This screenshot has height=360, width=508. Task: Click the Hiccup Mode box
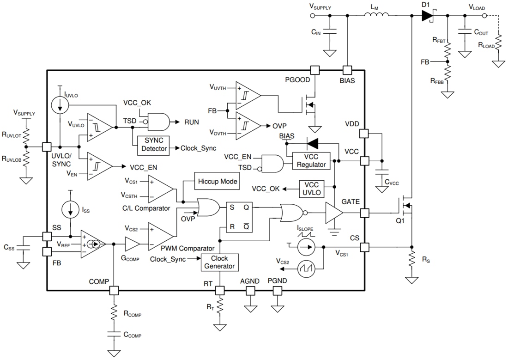[x=218, y=181]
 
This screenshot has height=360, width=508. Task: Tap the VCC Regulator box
[x=312, y=160]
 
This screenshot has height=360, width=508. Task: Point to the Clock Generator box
[x=219, y=262]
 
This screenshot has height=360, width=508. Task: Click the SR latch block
[x=239, y=217]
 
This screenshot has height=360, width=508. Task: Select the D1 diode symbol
[x=427, y=16]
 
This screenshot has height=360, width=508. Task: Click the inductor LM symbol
[x=376, y=15]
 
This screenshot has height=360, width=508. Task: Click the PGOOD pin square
[x=315, y=70]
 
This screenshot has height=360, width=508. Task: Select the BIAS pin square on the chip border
[x=347, y=70]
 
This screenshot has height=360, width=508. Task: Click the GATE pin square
[x=365, y=213]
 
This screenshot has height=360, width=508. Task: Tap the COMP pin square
[x=113, y=291]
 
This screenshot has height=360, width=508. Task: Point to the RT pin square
[x=220, y=291]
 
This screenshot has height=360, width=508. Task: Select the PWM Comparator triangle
[x=160, y=236]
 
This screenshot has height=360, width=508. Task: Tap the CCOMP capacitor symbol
[x=113, y=334]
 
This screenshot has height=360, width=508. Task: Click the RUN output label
[x=191, y=122]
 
